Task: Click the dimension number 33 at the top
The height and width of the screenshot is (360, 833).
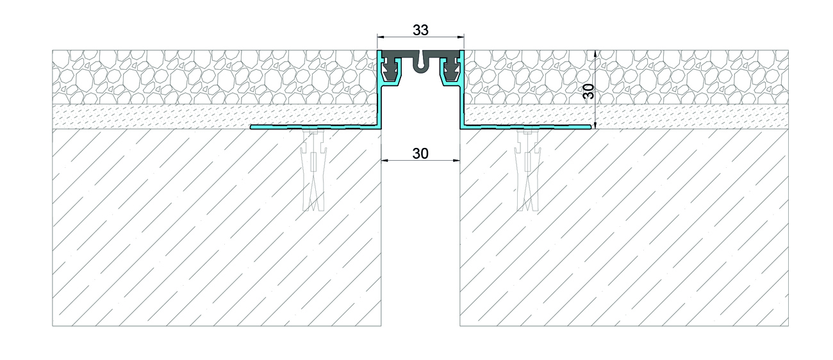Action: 420,29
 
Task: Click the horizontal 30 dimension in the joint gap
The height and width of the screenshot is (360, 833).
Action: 420,153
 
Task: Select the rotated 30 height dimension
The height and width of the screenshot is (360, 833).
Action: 589,92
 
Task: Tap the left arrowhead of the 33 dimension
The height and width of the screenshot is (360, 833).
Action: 381,37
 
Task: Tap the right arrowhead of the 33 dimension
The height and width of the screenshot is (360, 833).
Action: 460,37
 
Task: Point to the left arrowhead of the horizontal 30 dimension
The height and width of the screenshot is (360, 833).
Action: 385,160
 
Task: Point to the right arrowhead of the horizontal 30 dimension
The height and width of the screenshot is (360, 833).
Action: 456,160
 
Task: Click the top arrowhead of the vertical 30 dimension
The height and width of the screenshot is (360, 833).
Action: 595,54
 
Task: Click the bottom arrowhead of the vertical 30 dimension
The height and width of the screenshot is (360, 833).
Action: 595,125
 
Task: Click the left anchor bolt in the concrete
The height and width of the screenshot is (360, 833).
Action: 314,169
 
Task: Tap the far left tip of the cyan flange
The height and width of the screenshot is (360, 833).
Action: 251,127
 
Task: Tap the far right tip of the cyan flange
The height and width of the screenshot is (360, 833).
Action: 591,127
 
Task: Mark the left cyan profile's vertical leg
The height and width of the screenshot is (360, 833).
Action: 380,108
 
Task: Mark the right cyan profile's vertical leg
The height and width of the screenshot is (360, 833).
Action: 462,108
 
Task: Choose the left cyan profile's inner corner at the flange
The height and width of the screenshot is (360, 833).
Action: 378,126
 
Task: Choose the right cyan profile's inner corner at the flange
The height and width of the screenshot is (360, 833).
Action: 464,126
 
